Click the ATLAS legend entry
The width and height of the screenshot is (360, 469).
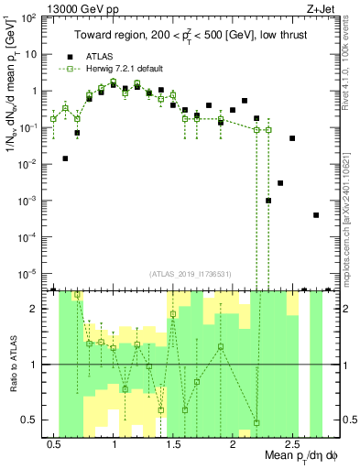pos(98,57)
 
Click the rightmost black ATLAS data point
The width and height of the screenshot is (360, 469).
pos(316,215)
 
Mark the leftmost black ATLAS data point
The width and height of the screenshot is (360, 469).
pos(65,158)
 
